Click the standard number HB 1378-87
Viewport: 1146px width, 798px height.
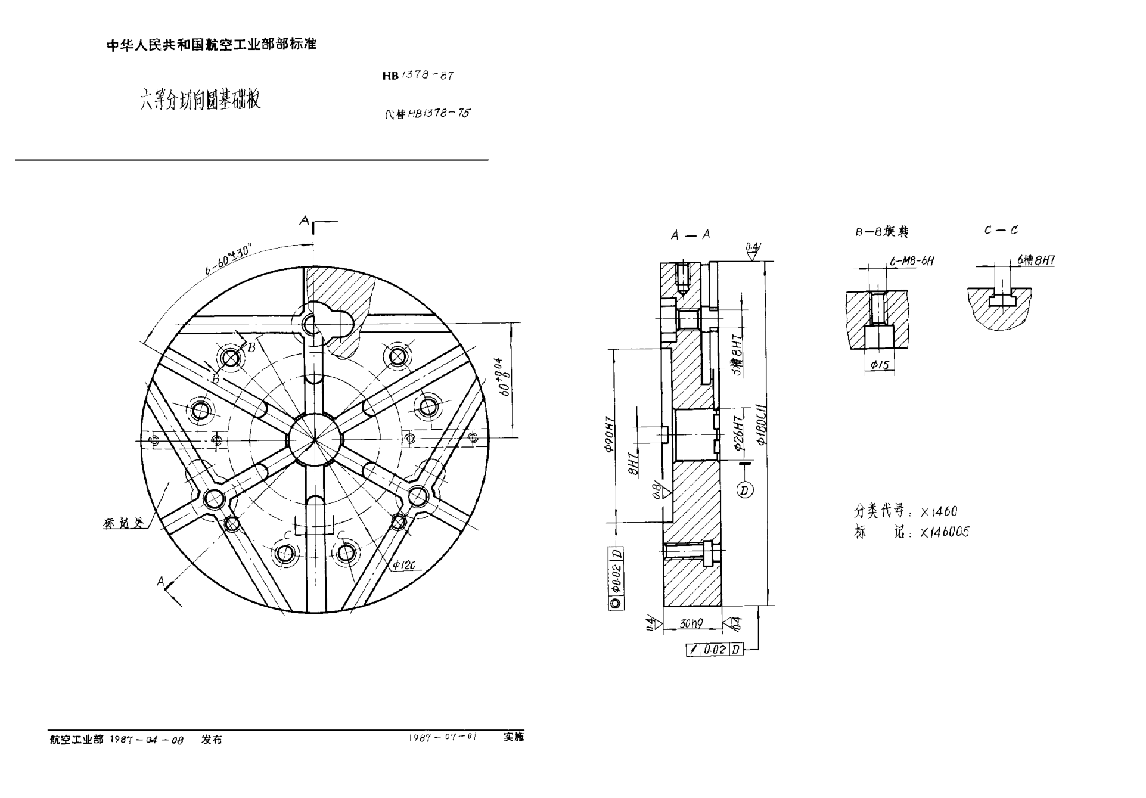418,76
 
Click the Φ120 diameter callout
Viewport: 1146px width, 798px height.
404,565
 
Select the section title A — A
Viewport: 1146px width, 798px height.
690,235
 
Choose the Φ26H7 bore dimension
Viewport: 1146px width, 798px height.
739,432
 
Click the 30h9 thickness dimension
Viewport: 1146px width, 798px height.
691,623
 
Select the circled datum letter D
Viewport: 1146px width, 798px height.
745,490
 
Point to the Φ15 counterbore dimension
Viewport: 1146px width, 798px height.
880,365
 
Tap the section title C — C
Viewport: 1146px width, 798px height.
1001,230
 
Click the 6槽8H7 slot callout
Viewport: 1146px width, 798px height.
1036,260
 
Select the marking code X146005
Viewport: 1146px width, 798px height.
945,532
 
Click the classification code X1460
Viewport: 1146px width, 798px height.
939,511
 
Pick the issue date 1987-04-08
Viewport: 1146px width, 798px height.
147,740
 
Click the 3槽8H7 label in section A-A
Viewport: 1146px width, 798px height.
738,355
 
